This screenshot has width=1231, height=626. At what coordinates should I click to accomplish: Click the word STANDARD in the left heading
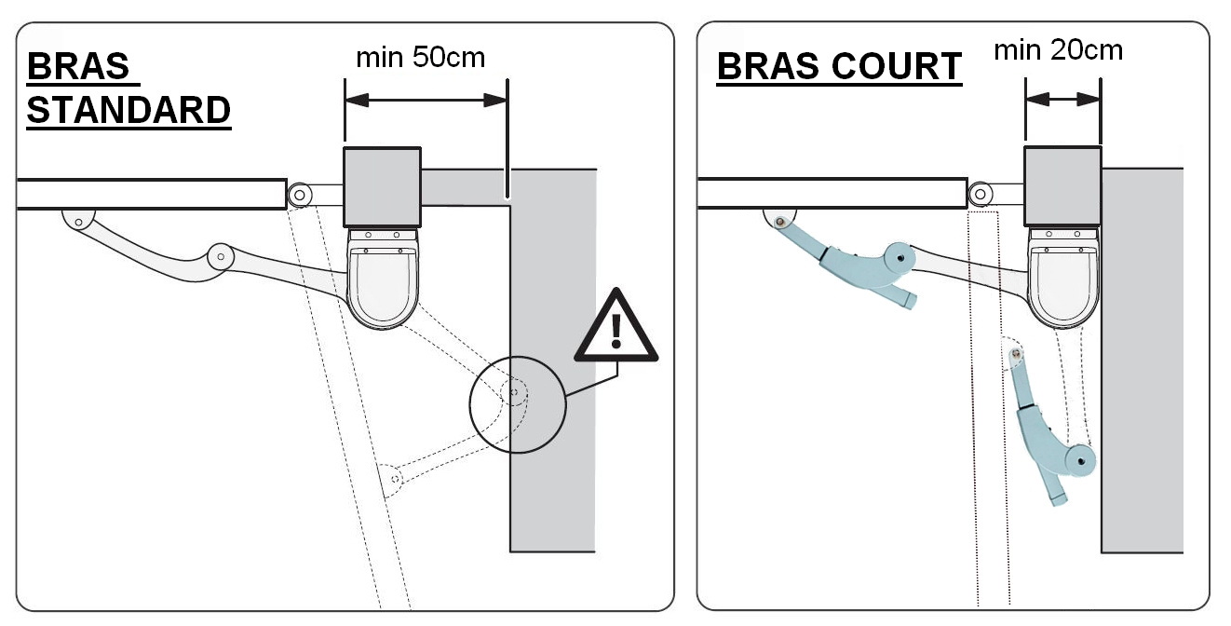tap(129, 111)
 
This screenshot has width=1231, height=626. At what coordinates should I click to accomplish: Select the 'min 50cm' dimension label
tap(420, 58)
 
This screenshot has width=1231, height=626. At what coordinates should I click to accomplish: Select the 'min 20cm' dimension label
tap(1058, 49)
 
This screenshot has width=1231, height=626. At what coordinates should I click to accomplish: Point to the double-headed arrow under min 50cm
tap(426, 101)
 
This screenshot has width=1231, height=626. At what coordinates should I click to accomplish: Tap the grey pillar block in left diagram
tap(553, 373)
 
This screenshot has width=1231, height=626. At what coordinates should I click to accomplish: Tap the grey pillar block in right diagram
tap(1142, 373)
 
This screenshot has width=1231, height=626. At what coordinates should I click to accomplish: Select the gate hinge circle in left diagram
tap(300, 195)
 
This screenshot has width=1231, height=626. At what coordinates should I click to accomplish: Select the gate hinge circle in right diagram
tap(981, 195)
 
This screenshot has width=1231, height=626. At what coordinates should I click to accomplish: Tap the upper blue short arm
tap(847, 260)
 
